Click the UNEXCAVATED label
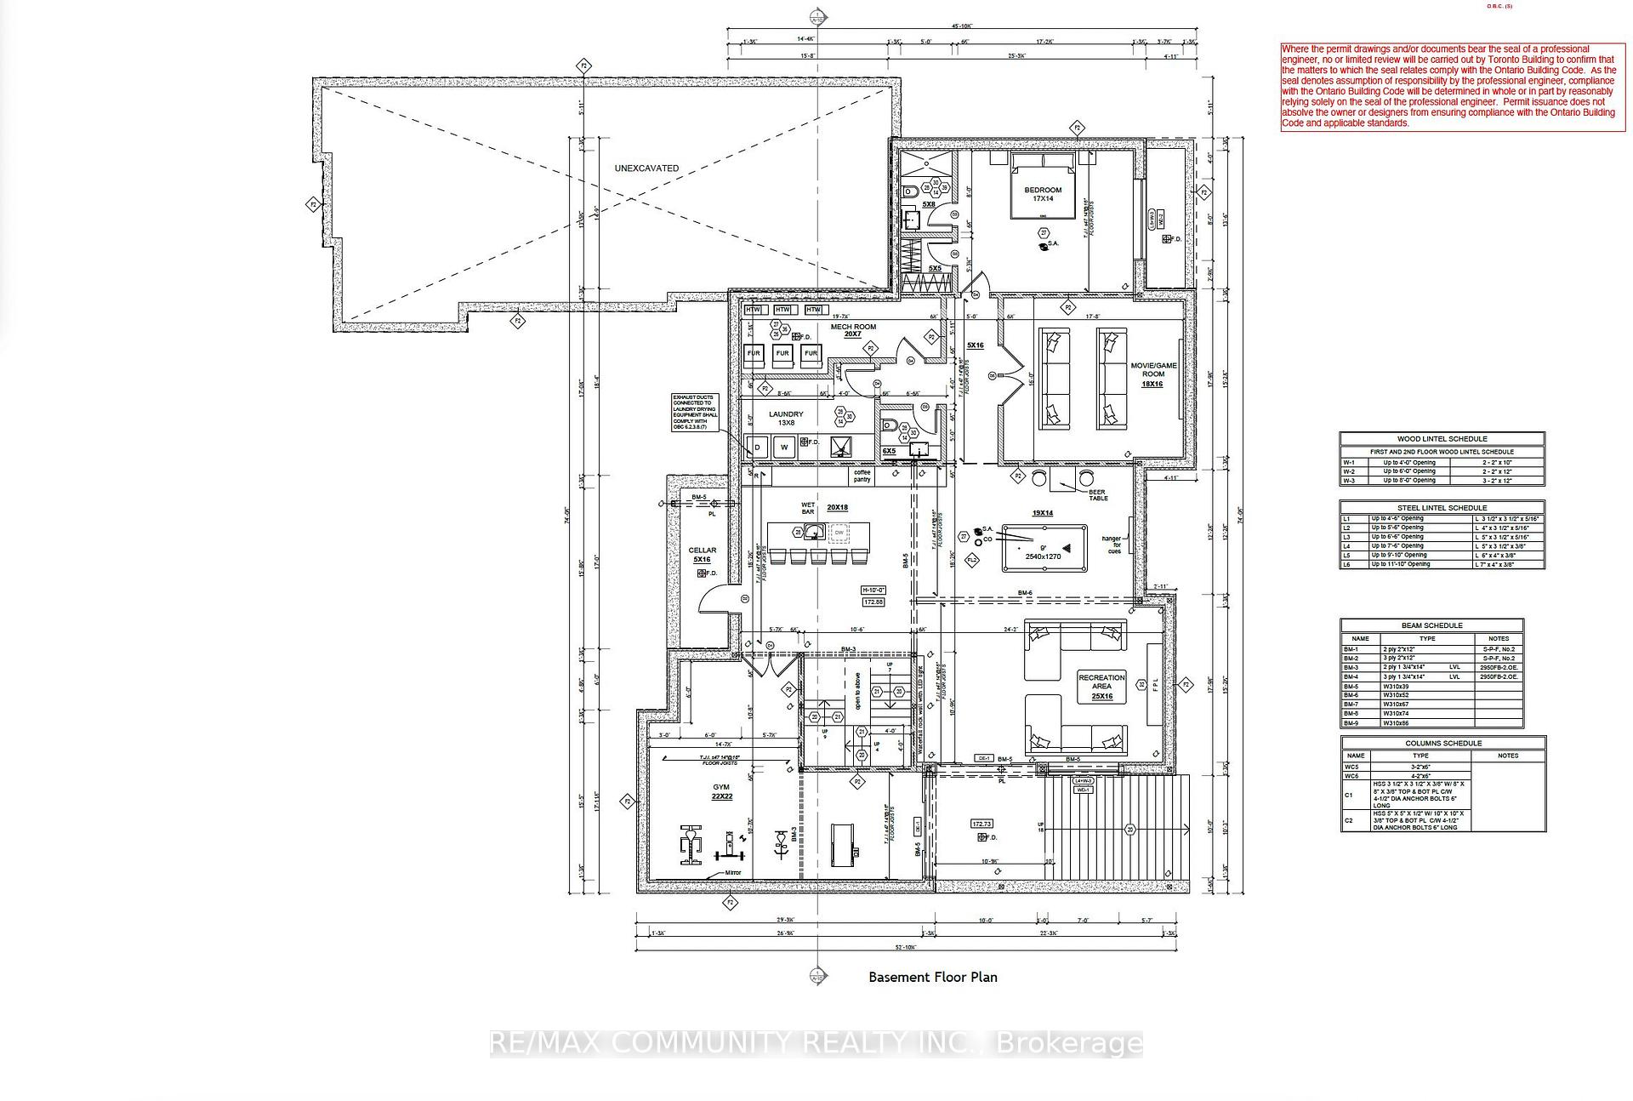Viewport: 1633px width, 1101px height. (646, 168)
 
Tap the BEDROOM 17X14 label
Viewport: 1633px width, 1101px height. (1043, 194)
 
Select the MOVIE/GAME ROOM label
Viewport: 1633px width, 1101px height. (1153, 374)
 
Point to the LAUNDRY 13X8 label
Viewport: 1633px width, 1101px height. (786, 419)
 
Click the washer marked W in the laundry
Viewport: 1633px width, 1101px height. (784, 447)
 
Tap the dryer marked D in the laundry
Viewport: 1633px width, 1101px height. (757, 447)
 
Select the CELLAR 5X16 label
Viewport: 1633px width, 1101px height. (703, 555)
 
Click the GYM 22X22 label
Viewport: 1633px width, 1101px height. (721, 791)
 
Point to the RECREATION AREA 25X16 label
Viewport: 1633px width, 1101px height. (1101, 687)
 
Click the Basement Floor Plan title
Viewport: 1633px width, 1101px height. (932, 977)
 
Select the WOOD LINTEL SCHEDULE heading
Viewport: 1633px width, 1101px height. (1442, 439)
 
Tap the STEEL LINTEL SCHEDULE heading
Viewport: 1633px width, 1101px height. (1442, 508)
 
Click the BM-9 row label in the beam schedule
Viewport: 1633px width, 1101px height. (1351, 723)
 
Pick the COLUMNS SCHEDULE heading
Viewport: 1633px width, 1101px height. (1443, 743)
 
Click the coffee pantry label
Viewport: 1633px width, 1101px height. (862, 476)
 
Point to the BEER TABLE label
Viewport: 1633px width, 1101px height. (1098, 494)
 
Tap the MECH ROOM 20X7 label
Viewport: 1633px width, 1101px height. (853, 330)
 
